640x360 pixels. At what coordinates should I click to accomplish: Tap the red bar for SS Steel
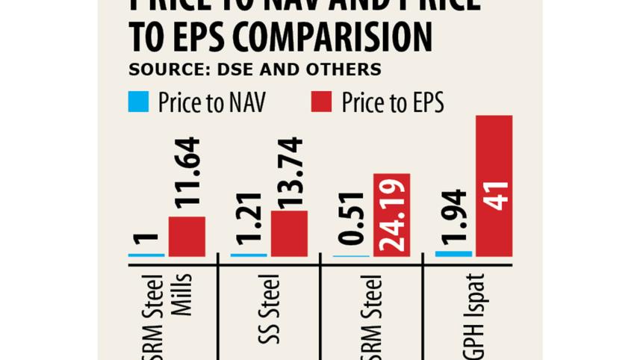[289, 233]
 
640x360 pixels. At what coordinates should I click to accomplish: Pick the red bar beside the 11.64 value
[187, 236]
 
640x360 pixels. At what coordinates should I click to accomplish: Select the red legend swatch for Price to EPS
[321, 102]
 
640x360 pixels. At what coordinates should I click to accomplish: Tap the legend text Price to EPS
[392, 102]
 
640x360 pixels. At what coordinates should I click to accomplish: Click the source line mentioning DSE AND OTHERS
[255, 69]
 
